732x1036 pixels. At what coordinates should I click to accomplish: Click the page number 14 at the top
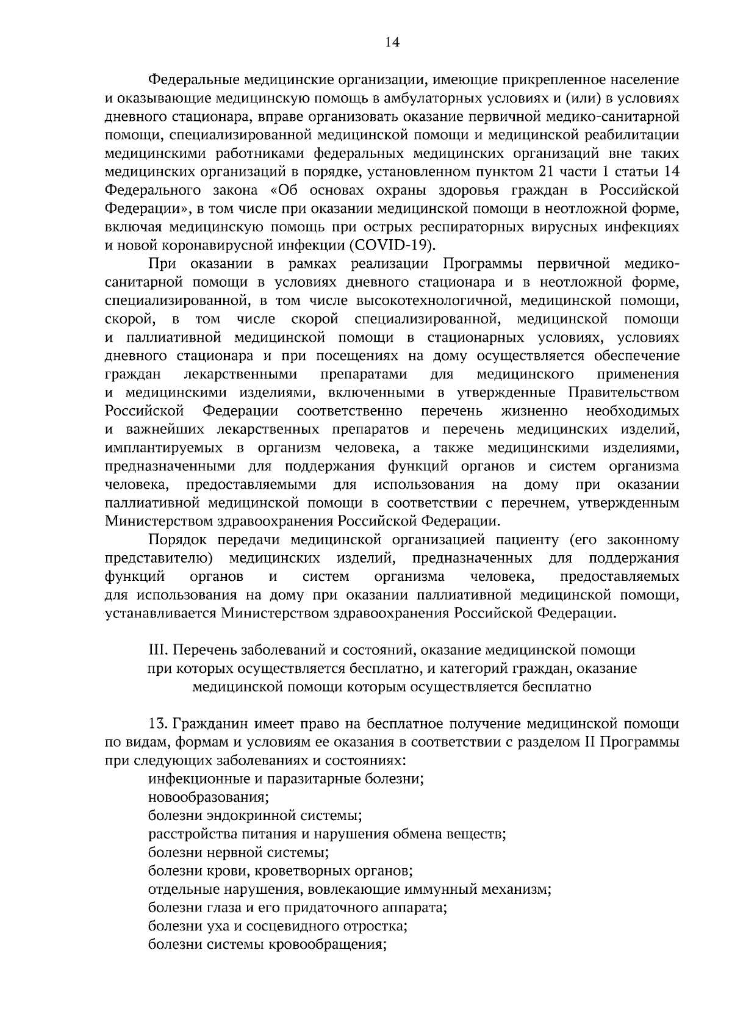392,42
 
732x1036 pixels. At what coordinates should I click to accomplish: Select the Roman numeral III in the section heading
157,650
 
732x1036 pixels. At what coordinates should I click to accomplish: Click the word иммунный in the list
434,890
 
